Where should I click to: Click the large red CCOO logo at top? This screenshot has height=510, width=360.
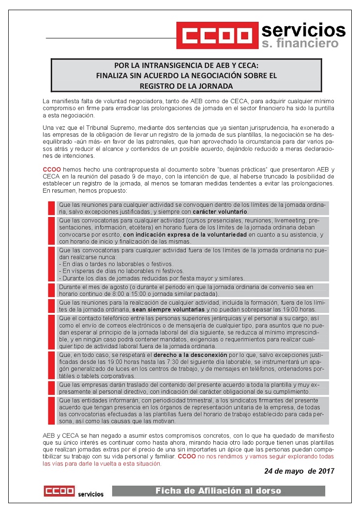[216, 36]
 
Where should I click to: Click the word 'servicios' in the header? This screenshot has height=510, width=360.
[303, 31]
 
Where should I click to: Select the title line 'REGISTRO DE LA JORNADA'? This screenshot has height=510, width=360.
[186, 86]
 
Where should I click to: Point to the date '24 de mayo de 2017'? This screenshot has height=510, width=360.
[299, 471]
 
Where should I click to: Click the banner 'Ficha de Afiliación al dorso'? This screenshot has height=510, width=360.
[218, 491]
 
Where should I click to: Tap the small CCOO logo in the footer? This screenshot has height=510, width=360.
[59, 491]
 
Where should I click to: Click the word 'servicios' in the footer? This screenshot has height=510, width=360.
[90, 494]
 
